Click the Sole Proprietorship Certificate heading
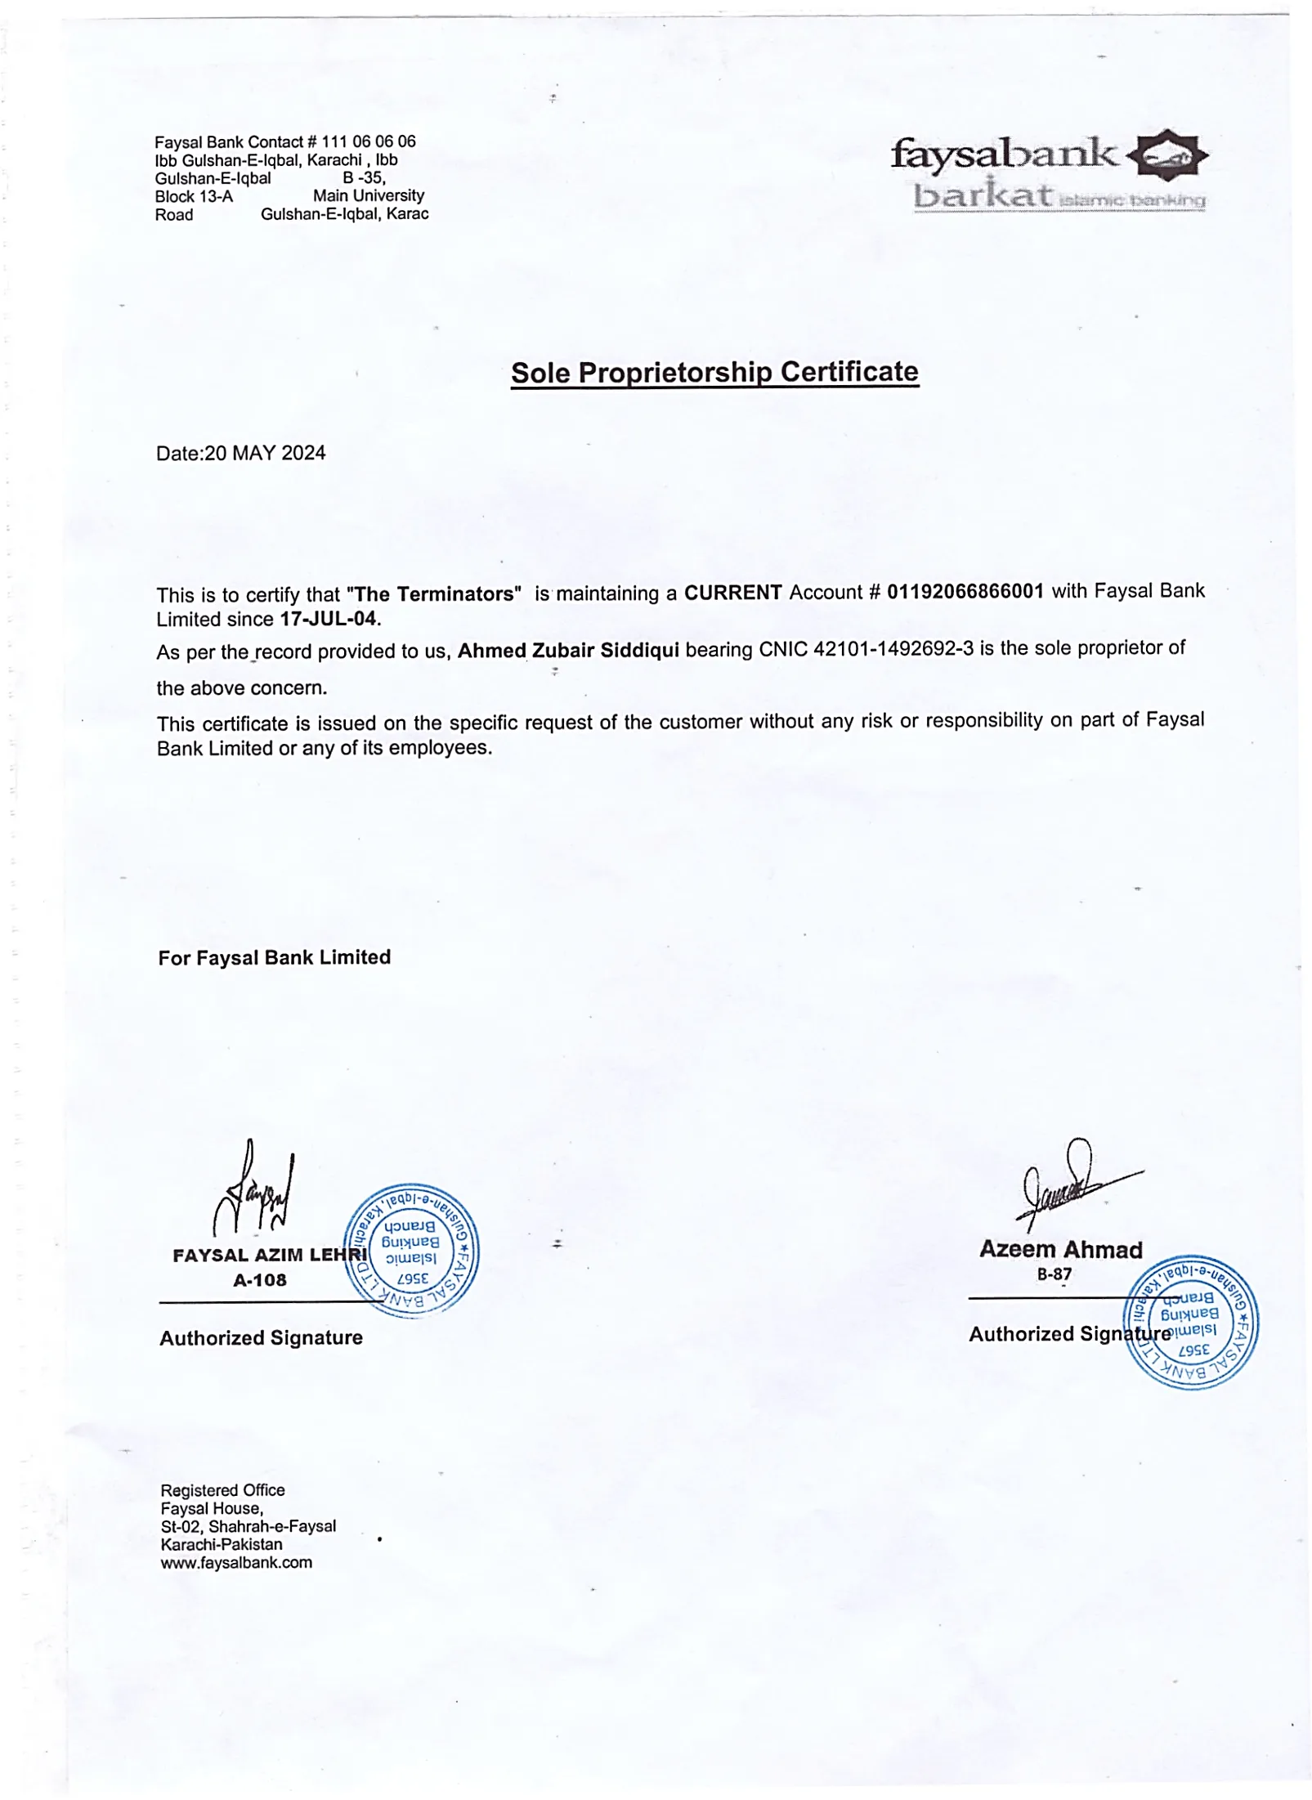click(714, 373)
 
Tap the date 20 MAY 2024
click(265, 454)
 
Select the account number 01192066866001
click(965, 592)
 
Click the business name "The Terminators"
click(434, 594)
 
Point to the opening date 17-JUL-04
click(329, 619)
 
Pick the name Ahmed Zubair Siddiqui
click(568, 651)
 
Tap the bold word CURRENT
click(732, 593)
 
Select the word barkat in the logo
click(981, 195)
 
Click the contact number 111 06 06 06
click(369, 142)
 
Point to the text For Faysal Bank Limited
click(275, 957)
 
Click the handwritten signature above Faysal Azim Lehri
click(254, 1189)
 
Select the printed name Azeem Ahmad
click(1060, 1249)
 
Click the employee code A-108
click(260, 1280)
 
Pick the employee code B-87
click(1054, 1274)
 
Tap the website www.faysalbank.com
click(236, 1563)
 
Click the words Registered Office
click(222, 1490)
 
